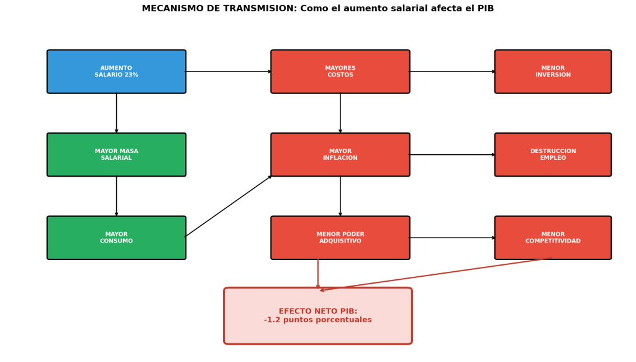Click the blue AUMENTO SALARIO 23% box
click(116, 72)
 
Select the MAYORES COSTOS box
click(340, 72)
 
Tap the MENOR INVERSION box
click(553, 72)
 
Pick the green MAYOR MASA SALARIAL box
click(116, 154)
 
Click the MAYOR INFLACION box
click(340, 154)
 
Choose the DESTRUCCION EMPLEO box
click(553, 154)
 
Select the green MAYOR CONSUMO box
click(116, 238)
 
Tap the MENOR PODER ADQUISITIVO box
click(340, 238)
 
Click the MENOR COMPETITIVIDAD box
click(553, 238)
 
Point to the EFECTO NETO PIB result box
click(317, 315)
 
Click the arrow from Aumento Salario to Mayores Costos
click(228, 72)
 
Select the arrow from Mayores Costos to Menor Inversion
click(452, 72)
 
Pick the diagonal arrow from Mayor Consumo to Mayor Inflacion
click(228, 207)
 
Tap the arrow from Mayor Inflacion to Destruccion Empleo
click(452, 155)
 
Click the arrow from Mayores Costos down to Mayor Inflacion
click(340, 113)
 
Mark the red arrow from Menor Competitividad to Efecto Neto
click(435, 274)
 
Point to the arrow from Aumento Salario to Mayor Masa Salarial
click(116, 113)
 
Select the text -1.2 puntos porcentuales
click(317, 320)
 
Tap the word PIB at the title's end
click(484, 9)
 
